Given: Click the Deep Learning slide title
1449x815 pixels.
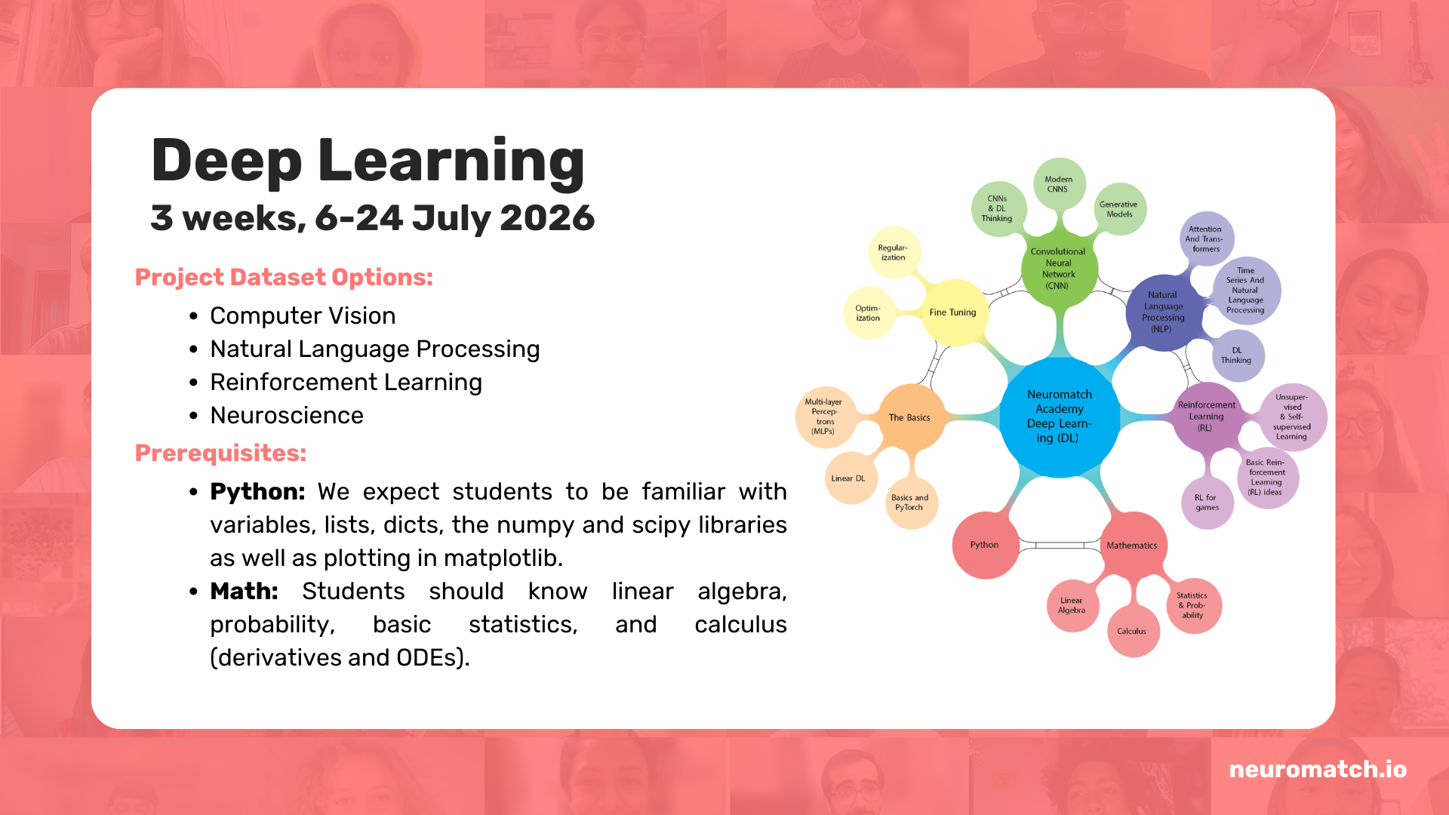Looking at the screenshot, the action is tap(368, 161).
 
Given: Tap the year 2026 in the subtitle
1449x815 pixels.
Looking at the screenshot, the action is tap(547, 218).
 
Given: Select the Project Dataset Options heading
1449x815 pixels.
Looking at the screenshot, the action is tap(284, 278).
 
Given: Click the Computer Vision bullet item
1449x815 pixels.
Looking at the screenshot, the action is tap(303, 315).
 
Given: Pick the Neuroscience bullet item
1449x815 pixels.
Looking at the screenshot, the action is tap(287, 415).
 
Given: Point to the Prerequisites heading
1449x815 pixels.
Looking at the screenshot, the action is tap(220, 453).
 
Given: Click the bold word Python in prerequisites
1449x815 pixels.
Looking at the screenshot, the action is tap(257, 492).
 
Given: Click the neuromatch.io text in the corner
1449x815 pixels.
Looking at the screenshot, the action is tap(1318, 769).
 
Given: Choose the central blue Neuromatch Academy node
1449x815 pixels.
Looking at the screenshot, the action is tap(1059, 417).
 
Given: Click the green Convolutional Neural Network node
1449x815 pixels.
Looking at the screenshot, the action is tap(1059, 269).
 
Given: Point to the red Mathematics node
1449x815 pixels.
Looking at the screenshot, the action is tap(1133, 545).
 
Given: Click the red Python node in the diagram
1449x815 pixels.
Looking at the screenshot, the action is tap(986, 545).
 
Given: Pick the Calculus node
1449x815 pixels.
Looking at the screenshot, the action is tap(1133, 631).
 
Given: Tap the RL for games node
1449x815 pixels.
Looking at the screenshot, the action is tap(1207, 503).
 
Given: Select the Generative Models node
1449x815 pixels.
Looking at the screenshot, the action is tap(1119, 209).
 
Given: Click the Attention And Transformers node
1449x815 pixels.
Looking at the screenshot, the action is tap(1207, 238).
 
